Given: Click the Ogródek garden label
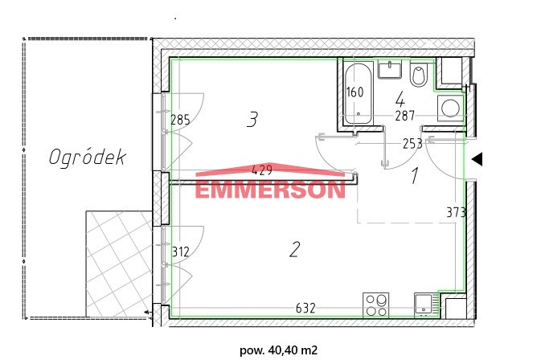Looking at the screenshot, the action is coord(88,158).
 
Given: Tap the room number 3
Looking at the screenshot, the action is coord(252,119).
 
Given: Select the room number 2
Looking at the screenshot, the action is coord(294,250).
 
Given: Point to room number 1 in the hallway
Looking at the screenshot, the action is coord(415,175).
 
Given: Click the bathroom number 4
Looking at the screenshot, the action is coord(400,100).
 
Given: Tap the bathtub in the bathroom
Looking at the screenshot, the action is coord(359,92).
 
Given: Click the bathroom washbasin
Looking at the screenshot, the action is coord(390,70).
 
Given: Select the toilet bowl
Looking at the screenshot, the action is coord(419,74).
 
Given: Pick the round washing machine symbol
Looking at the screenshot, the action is coord(449,108).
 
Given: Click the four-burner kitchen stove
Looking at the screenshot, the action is coord(376,305).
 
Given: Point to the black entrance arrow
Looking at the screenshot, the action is coord(477,159).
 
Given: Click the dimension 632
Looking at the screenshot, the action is coord(305,308).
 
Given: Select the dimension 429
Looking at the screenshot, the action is coord(262,170).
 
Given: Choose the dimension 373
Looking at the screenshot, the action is coord(456,212).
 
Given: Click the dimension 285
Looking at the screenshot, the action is coord(180,120).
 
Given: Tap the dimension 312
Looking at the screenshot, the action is coord(180,252).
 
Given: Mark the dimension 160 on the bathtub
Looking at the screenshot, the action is coord(355,92).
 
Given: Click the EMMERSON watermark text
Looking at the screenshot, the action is coord(270,189).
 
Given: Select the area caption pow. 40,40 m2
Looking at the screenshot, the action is coord(278,350).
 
